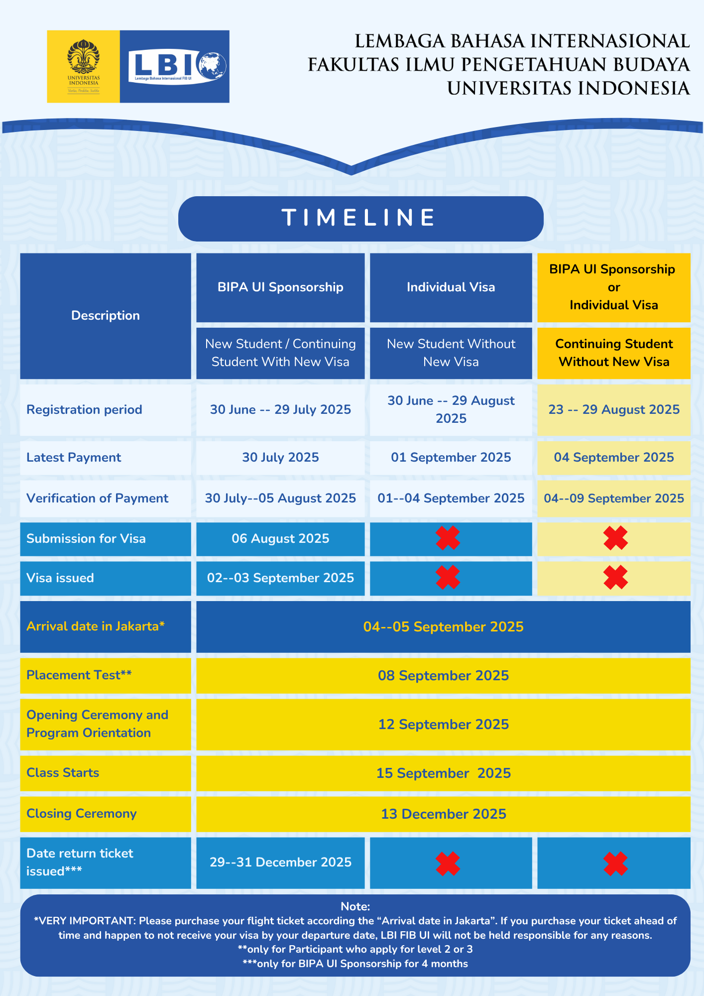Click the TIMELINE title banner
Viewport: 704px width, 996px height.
pyautogui.click(x=360, y=218)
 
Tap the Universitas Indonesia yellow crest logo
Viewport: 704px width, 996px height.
pyautogui.click(x=84, y=67)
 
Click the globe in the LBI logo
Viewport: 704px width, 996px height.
pyautogui.click(x=212, y=66)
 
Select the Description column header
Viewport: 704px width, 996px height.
pyautogui.click(x=106, y=316)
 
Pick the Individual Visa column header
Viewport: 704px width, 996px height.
pyautogui.click(x=451, y=287)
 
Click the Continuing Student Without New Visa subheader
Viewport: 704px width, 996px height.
pyautogui.click(x=614, y=353)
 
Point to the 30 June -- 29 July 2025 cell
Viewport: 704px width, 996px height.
pyautogui.click(x=280, y=410)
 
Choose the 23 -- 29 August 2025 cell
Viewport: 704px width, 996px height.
pyautogui.click(x=614, y=410)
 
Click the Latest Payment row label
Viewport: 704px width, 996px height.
pyautogui.click(x=74, y=458)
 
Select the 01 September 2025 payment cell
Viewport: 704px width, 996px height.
pyautogui.click(x=451, y=458)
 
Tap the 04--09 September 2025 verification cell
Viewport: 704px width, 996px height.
pyautogui.click(x=614, y=498)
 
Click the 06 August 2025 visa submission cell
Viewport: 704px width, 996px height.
pyautogui.click(x=280, y=539)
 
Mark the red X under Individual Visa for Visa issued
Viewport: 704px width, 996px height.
pyautogui.click(x=448, y=578)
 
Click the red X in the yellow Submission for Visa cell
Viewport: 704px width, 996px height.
pyautogui.click(x=616, y=538)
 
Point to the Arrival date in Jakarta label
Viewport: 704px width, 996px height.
pyautogui.click(x=96, y=626)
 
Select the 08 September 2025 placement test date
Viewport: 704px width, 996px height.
pyautogui.click(x=444, y=676)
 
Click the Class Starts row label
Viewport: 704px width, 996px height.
pyautogui.click(x=63, y=773)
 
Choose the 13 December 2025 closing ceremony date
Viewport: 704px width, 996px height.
pyautogui.click(x=444, y=814)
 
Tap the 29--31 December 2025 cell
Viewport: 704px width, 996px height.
pyautogui.click(x=280, y=863)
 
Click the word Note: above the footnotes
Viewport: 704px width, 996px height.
pyautogui.click(x=355, y=906)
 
